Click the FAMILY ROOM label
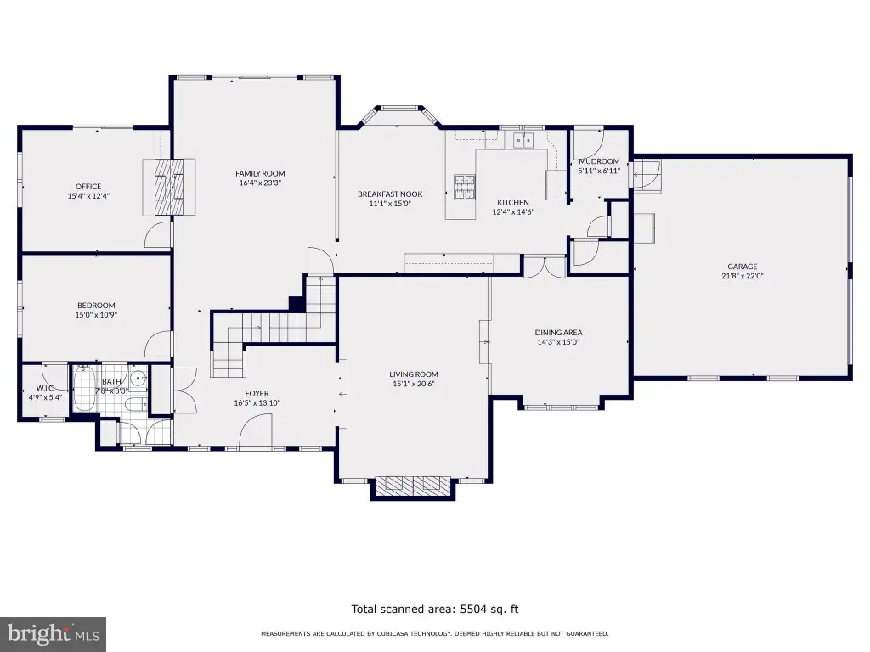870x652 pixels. pyautogui.click(x=260, y=173)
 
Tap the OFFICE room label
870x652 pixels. pyautogui.click(x=88, y=187)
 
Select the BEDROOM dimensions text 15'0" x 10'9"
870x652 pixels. pyautogui.click(x=97, y=315)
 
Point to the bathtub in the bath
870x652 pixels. pyautogui.click(x=84, y=387)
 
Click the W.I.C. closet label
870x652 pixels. pyautogui.click(x=45, y=388)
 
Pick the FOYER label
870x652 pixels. pyautogui.click(x=257, y=394)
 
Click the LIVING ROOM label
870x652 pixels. pyautogui.click(x=414, y=374)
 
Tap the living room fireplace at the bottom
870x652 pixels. pyautogui.click(x=414, y=486)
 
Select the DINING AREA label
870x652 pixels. pyautogui.click(x=559, y=333)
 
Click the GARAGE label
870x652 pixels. pyautogui.click(x=743, y=267)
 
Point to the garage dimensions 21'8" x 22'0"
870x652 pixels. pyautogui.click(x=743, y=276)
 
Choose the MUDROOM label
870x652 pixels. pyautogui.click(x=599, y=161)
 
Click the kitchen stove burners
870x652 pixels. pyautogui.click(x=465, y=187)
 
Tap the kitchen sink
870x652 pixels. pyautogui.click(x=523, y=140)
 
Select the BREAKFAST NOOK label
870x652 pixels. pyautogui.click(x=390, y=194)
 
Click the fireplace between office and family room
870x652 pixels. pyautogui.click(x=169, y=187)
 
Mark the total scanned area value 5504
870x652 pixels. pyautogui.click(x=474, y=610)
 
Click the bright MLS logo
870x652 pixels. pyautogui.click(x=54, y=633)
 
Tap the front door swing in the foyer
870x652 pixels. pyautogui.click(x=257, y=429)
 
